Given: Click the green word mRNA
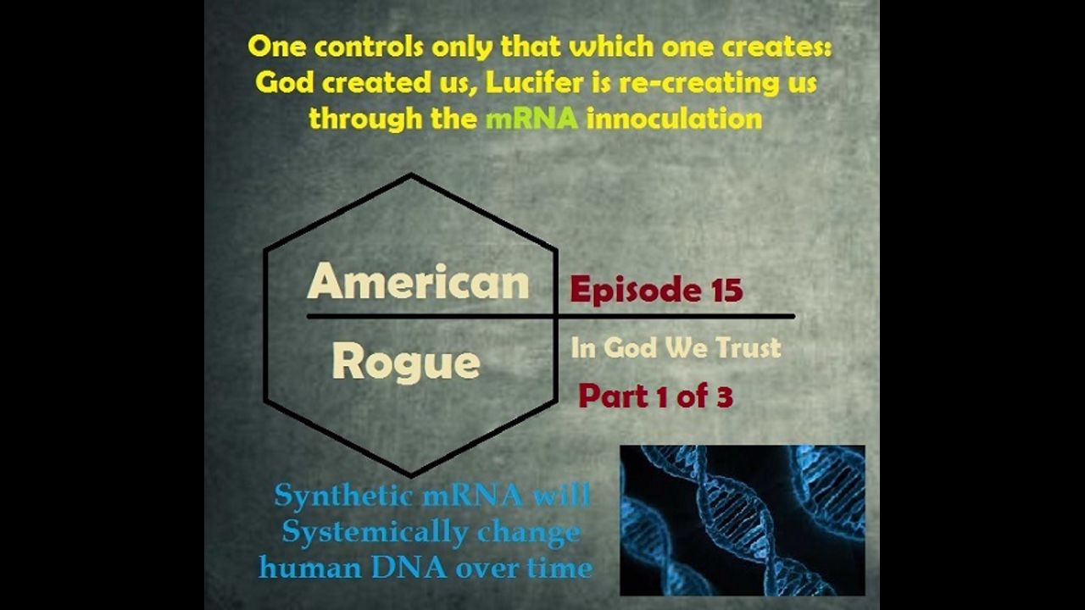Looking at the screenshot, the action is coord(531,119).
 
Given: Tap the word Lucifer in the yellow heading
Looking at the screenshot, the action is coord(534,82).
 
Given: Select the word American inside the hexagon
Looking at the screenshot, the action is coord(418,281).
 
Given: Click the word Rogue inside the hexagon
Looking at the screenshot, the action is coord(406,363).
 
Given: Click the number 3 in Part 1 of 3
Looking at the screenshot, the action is coord(724,396).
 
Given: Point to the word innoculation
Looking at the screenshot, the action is coord(674,119).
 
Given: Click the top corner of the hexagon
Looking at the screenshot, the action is coord(411,175).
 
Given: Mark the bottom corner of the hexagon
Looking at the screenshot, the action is coord(411,475).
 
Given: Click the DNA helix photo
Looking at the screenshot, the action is coord(743,520).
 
